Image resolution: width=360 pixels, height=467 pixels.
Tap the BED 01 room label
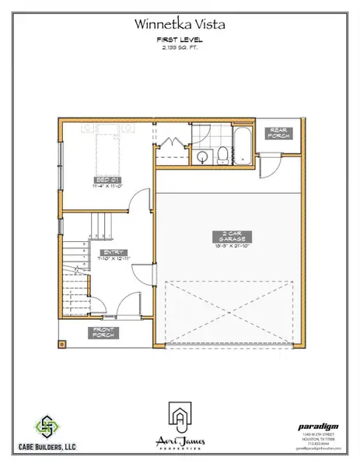coord(100,184)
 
